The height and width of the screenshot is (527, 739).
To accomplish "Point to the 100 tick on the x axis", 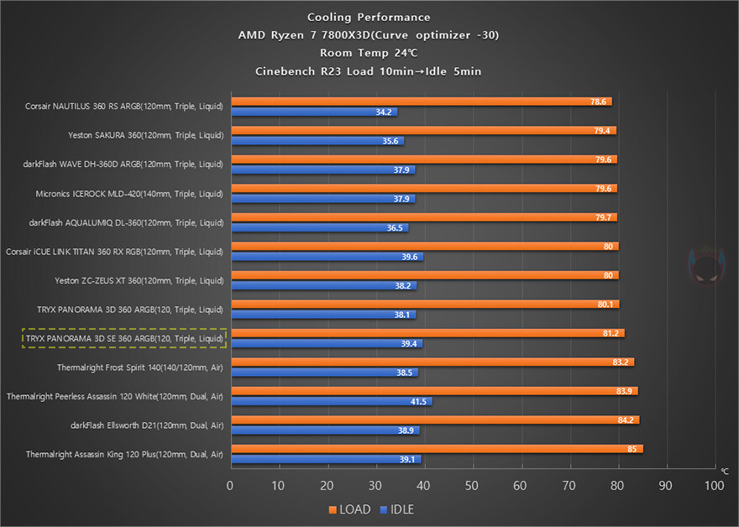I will point(714,486).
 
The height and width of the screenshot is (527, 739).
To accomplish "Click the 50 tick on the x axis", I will point(472,486).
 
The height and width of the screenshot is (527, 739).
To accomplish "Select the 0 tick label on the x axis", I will point(230,486).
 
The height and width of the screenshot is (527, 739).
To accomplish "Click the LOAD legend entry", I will point(348,509).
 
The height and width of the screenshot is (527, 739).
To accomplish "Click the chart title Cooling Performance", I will point(369,17).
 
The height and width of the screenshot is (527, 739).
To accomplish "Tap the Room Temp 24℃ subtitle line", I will point(369,53).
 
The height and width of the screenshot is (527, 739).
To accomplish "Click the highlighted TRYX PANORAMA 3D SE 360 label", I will point(124,338).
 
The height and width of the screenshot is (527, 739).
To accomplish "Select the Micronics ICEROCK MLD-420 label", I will point(129,194).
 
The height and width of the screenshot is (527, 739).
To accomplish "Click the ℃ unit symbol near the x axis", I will point(724,472).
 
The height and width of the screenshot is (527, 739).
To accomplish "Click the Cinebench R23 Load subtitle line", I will point(369,70).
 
